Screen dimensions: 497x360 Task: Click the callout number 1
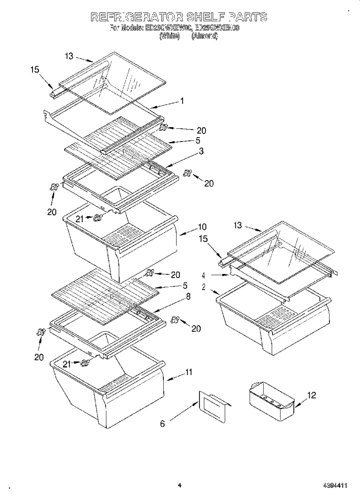[x=182, y=101]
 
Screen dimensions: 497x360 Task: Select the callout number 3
[x=201, y=152]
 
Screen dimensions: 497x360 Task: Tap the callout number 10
[x=202, y=227]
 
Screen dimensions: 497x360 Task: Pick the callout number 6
[x=163, y=424]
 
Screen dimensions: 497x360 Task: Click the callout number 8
[x=188, y=297]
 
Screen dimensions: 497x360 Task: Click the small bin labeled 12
[x=271, y=404]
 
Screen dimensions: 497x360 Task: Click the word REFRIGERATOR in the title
[x=137, y=17]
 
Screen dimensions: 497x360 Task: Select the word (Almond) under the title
[x=204, y=36]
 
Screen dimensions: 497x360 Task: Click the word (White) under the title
[x=169, y=36]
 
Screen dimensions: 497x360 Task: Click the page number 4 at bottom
[x=179, y=485]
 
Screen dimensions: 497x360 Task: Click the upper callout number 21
[x=80, y=219]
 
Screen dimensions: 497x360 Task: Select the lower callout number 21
[x=67, y=364]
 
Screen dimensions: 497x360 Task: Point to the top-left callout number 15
[x=35, y=69]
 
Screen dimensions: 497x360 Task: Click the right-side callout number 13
[x=238, y=225]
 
